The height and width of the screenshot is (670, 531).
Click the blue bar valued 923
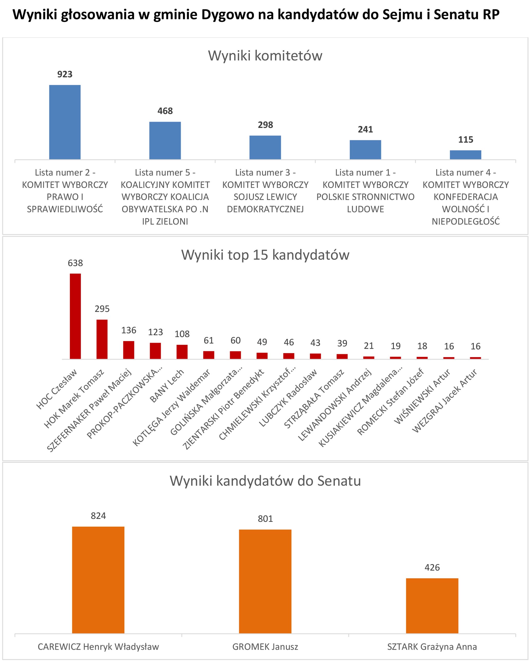[x=65, y=122]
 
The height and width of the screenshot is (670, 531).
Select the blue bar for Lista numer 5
[x=165, y=141]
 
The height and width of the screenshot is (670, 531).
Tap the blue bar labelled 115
[x=466, y=155]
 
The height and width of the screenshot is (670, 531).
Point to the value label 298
[x=265, y=125]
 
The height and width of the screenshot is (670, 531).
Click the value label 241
[x=365, y=129]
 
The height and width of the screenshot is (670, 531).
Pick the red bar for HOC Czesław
[x=75, y=316]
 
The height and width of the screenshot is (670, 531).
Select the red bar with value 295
[x=102, y=339]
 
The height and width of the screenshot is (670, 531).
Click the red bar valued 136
[x=129, y=350]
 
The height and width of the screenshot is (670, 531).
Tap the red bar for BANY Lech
[x=182, y=352]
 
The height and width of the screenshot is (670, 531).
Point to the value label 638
[x=75, y=263]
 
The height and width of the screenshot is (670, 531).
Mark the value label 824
[x=98, y=516]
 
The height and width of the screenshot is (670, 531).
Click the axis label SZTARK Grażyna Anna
[x=432, y=647]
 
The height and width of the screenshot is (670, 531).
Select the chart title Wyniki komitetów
[x=265, y=56]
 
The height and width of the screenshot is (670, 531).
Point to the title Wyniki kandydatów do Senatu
[x=265, y=481]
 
